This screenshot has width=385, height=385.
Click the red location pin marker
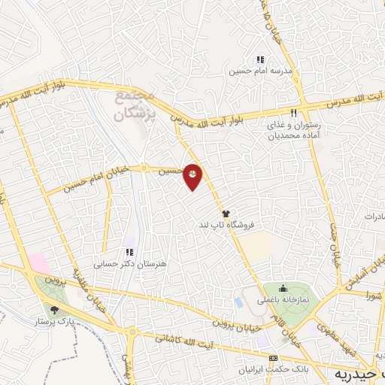[193, 176]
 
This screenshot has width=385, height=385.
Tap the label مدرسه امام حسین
[260, 71]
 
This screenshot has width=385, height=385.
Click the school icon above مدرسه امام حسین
[260, 60]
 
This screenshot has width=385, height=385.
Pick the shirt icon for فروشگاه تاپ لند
[226, 214]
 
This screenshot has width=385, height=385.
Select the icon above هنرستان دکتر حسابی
[129, 253]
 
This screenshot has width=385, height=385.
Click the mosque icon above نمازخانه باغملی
[283, 288]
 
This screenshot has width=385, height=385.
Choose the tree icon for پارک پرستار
[53, 308]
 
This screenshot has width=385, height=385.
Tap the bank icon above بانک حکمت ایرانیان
[273, 358]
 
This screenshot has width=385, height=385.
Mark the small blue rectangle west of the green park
[239, 302]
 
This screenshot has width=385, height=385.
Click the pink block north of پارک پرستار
[40, 264]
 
